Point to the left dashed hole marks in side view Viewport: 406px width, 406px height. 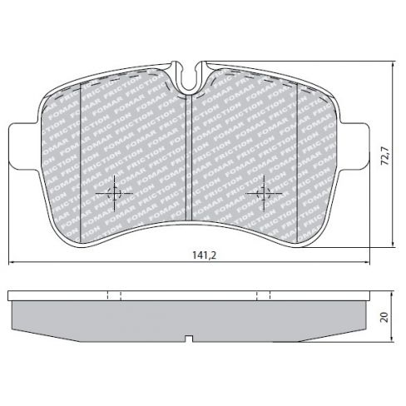115,295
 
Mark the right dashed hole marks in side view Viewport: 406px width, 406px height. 264,295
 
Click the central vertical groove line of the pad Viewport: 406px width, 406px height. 191,158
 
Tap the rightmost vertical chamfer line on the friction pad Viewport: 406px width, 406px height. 298,158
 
